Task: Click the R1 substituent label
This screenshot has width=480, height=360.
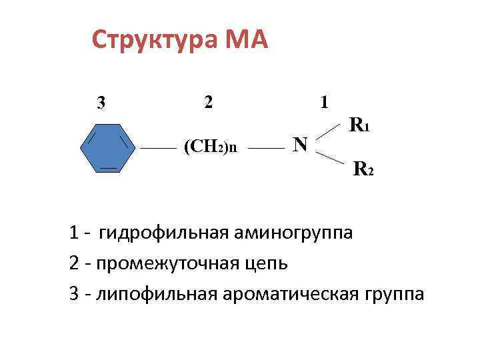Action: click(360, 124)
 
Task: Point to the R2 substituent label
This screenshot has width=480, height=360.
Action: click(363, 169)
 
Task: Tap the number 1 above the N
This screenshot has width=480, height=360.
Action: click(324, 102)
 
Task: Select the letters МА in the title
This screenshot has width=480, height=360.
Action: click(247, 41)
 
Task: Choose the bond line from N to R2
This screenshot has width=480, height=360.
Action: click(329, 157)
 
